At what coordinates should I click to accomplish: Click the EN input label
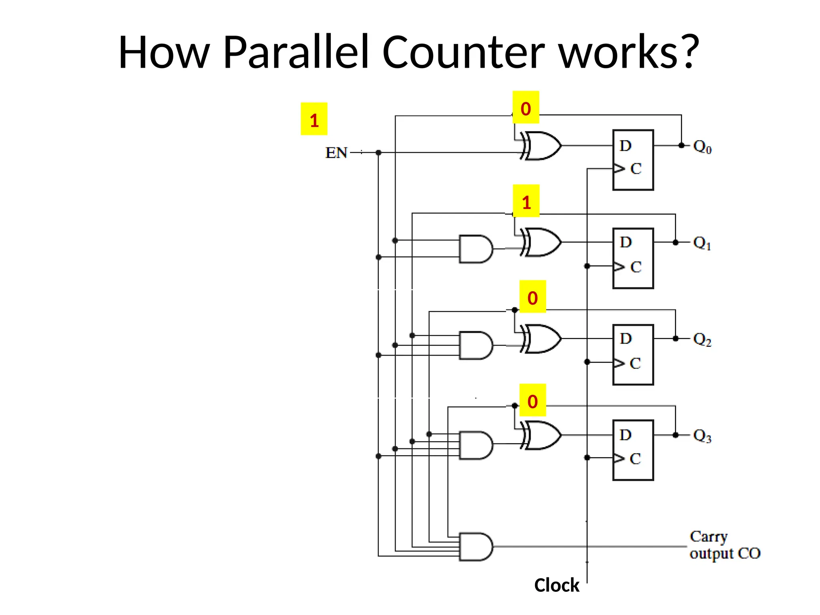point(336,153)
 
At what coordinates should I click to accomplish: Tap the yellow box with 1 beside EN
point(314,119)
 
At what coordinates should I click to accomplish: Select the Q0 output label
point(702,147)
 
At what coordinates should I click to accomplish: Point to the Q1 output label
point(702,243)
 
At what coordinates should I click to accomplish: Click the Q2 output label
point(702,340)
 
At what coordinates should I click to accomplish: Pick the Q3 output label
point(702,436)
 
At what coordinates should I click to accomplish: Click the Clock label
point(557,585)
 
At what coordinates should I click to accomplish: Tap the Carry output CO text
point(724,545)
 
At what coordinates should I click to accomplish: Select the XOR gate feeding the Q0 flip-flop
point(541,146)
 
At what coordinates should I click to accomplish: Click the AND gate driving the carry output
point(476,547)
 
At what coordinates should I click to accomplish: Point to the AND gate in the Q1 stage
point(476,249)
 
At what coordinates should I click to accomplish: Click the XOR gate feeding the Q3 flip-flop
point(541,436)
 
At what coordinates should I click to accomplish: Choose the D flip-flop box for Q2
point(633,355)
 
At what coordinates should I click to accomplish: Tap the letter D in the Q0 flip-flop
point(625,146)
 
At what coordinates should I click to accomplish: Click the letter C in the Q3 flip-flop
point(635,459)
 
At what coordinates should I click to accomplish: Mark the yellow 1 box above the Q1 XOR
point(526,201)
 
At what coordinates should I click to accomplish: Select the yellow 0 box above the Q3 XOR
point(532,400)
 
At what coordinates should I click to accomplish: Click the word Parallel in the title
point(295,52)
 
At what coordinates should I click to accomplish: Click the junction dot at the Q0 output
point(681,145)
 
